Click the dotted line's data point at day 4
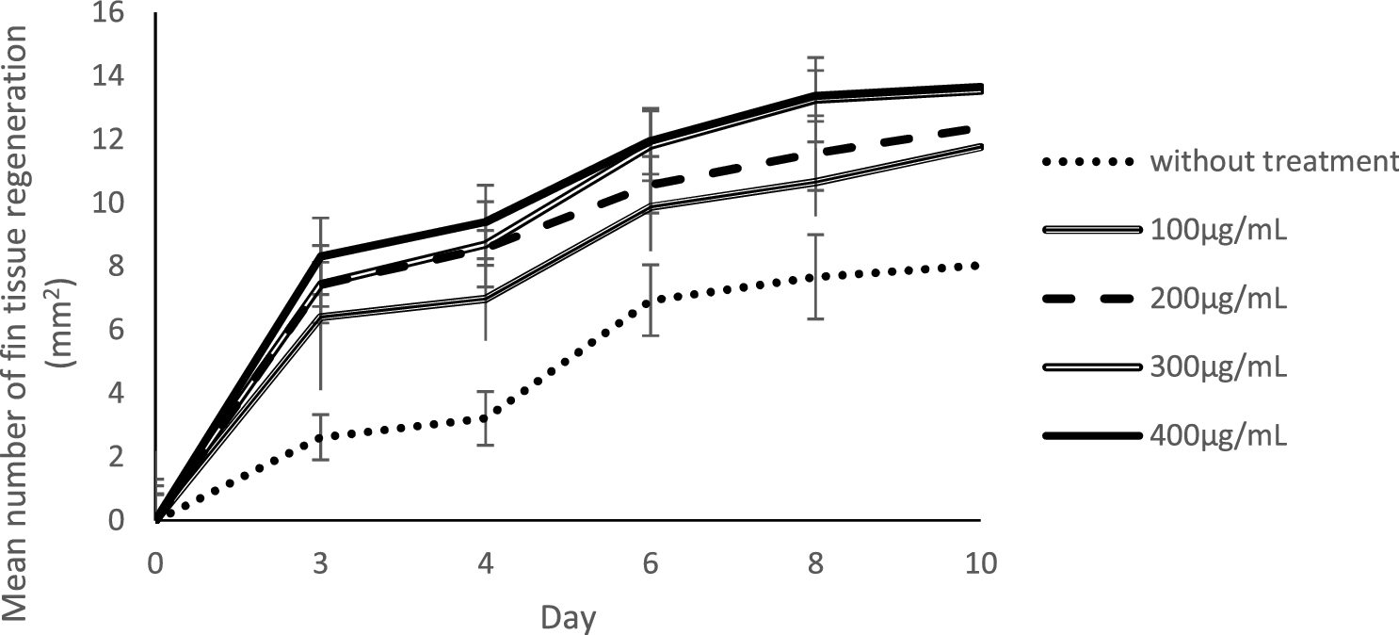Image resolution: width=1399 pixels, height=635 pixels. pyautogui.click(x=486, y=417)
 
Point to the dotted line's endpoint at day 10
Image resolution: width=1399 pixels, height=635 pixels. pyautogui.click(x=980, y=266)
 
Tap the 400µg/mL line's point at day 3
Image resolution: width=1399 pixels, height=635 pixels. pyautogui.click(x=321, y=255)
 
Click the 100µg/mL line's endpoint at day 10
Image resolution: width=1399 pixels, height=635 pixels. pyautogui.click(x=980, y=147)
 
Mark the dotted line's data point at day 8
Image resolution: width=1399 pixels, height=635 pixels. pyautogui.click(x=815, y=277)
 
